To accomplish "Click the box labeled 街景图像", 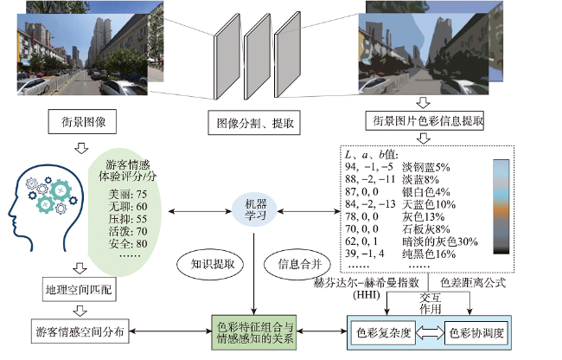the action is [82, 122].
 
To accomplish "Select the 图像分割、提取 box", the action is [254, 123].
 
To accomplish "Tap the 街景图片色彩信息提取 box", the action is [425, 121].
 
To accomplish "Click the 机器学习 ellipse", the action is [254, 210].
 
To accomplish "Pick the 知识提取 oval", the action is [210, 265].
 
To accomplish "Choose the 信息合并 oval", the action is [297, 265].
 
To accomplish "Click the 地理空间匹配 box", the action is [80, 289].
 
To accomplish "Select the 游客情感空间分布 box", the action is [80, 331].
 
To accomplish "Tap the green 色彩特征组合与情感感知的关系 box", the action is [254, 332].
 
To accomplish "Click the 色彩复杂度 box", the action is [383, 333].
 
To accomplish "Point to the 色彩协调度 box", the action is [476, 333].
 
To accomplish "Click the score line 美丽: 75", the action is [128, 195].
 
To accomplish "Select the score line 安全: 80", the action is [128, 244].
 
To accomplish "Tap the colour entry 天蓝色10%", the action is [429, 204].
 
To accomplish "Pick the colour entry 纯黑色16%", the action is [429, 254].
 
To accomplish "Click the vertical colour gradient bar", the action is [501, 207].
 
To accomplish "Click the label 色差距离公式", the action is [473, 283].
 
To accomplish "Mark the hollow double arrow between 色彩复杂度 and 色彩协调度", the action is [430, 332].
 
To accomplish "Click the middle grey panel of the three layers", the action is [258, 56].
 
